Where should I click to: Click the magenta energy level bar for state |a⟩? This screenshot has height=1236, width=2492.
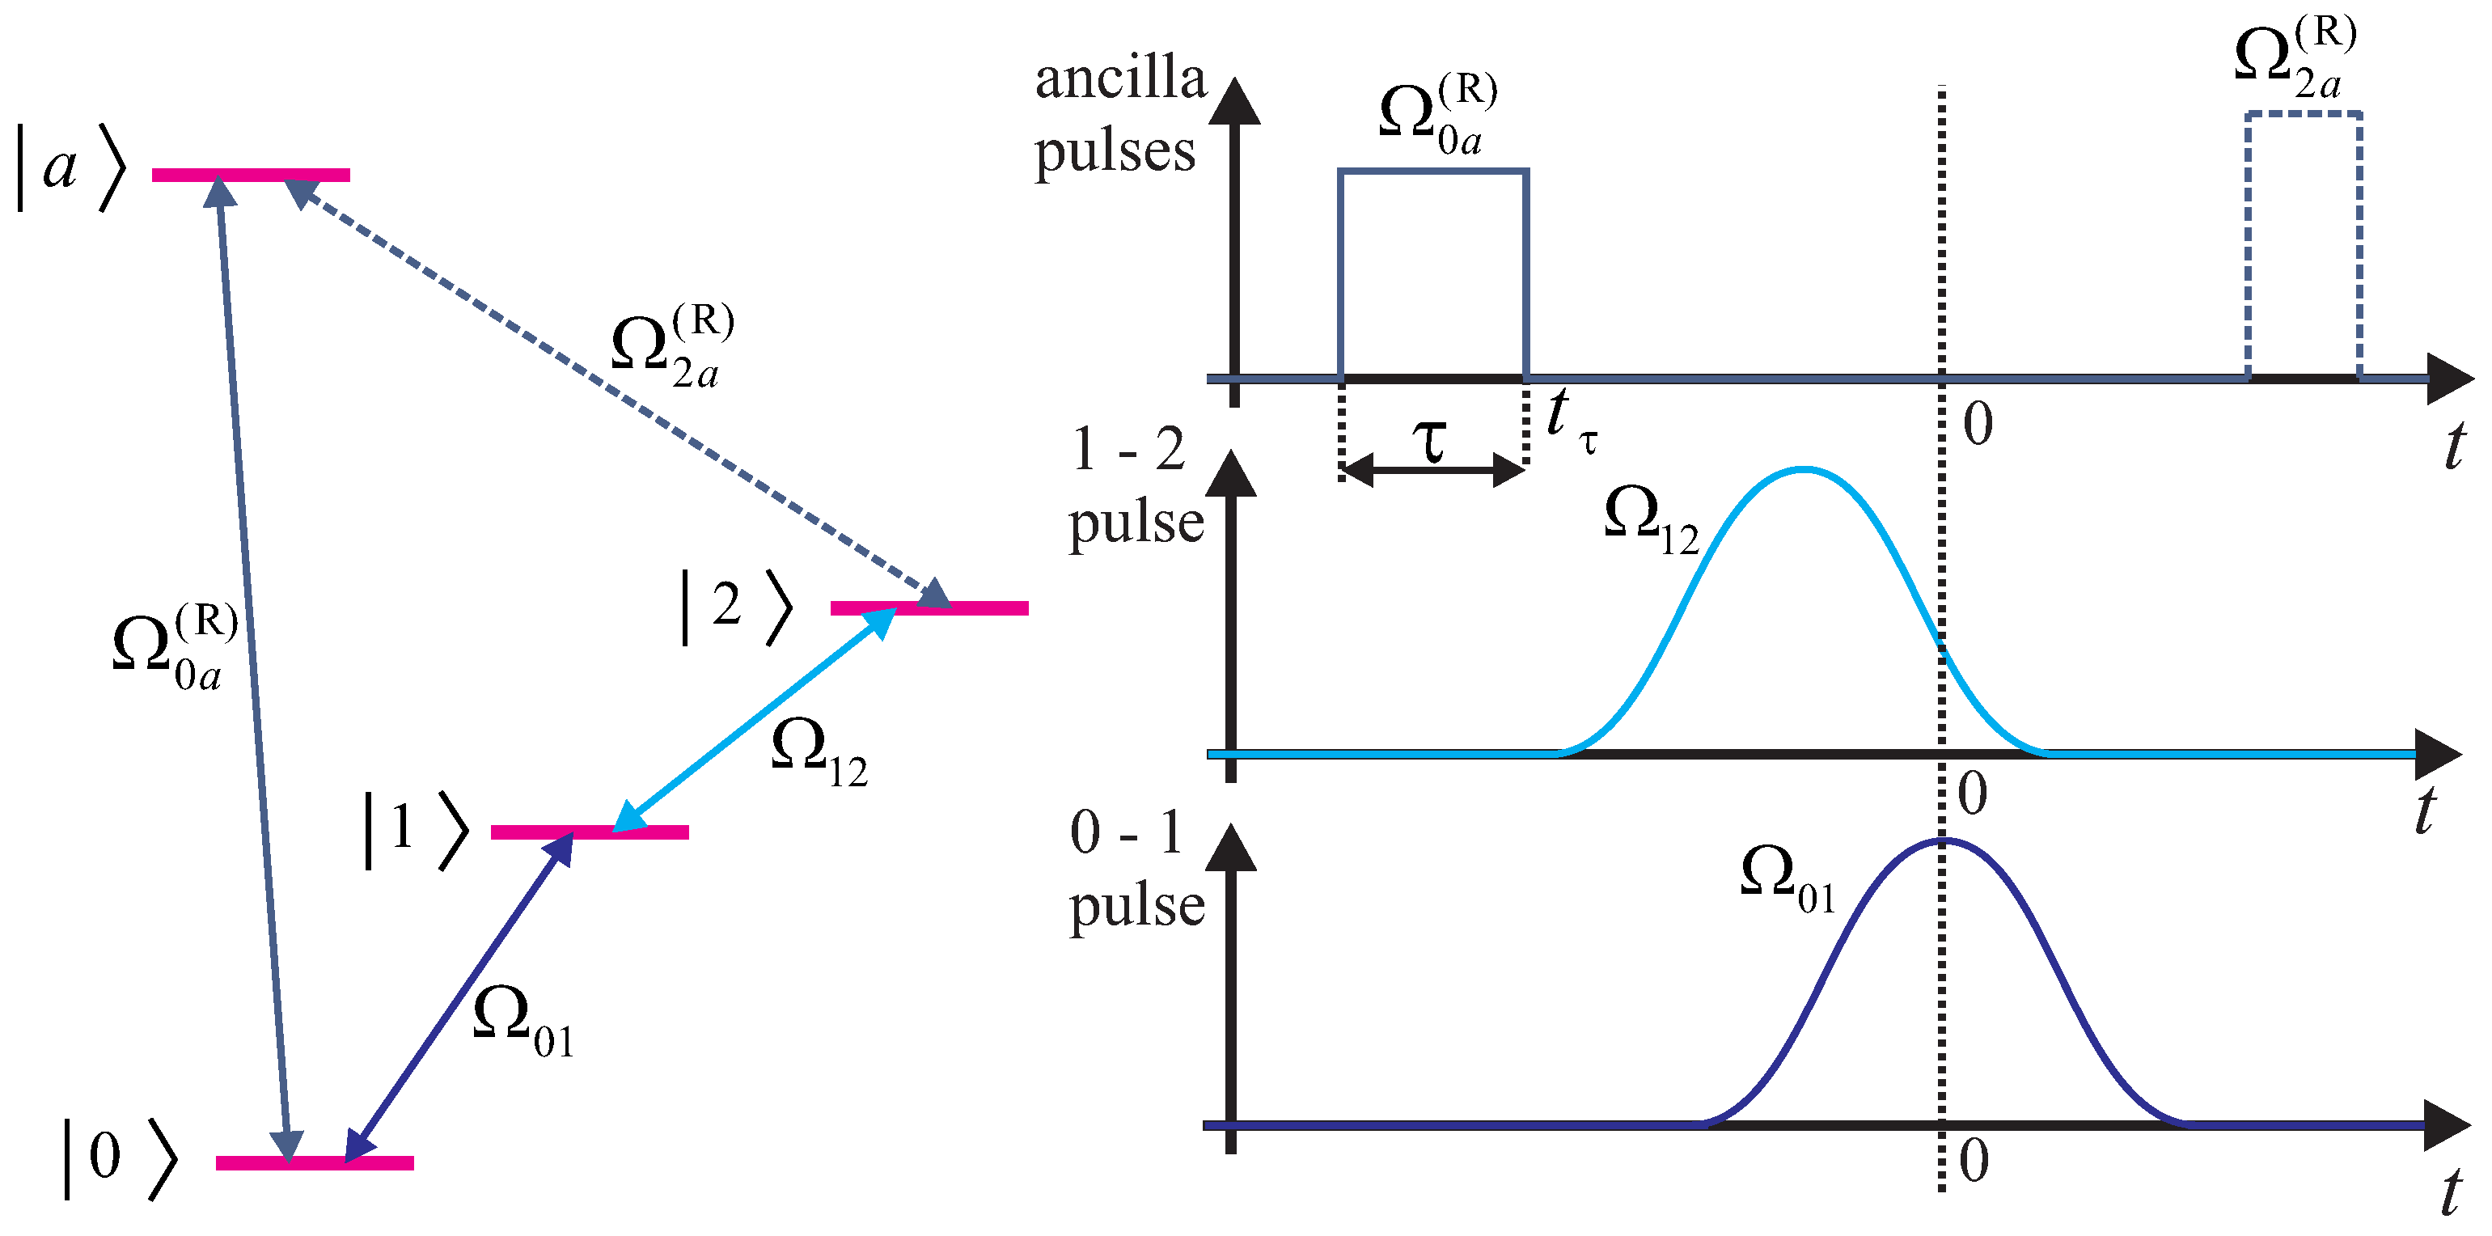pos(251,175)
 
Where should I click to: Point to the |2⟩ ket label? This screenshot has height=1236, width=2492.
pos(736,607)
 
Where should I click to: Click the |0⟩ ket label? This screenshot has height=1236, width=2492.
pos(119,1158)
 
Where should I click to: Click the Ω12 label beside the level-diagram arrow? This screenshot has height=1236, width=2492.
pos(819,753)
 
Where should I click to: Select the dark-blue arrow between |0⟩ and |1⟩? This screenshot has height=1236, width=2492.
pos(459,996)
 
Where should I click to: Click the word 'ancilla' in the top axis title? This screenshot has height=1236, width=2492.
pos(1120,79)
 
